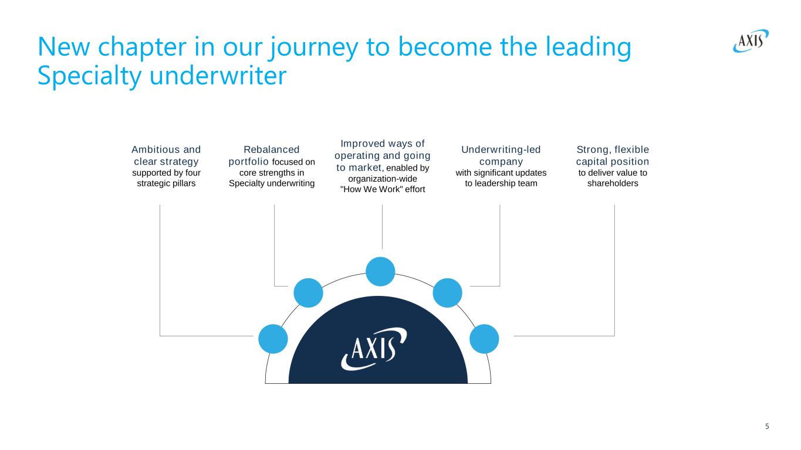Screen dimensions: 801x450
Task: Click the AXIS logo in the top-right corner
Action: click(751, 41)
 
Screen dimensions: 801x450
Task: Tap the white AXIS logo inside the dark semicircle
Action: click(374, 349)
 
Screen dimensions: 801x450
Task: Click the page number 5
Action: click(767, 427)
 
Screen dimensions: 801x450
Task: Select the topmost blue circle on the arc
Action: click(380, 271)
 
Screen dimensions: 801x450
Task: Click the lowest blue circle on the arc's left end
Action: click(273, 339)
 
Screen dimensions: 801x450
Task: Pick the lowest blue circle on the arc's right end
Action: click(484, 339)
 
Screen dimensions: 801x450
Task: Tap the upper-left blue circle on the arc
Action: click(308, 293)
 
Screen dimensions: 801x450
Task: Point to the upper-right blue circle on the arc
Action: click(447, 293)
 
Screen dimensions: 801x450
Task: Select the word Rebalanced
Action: click(272, 149)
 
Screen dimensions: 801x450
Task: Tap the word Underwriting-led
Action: click(501, 149)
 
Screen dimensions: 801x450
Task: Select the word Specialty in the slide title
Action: click(89, 76)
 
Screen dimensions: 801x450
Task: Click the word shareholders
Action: click(613, 183)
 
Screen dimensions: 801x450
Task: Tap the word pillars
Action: click(184, 183)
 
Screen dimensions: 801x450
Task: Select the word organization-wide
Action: click(383, 179)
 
